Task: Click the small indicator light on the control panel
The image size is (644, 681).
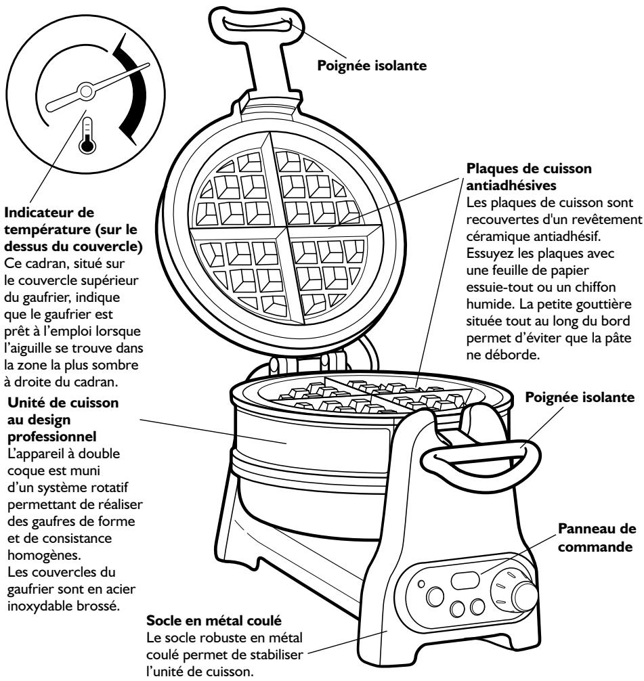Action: pos(422,566)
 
